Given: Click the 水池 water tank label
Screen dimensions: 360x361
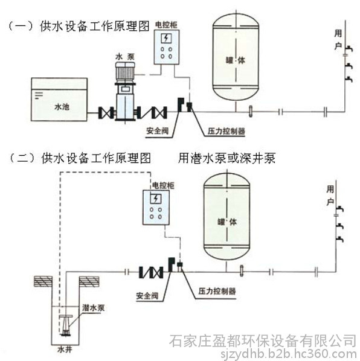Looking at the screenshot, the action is pyautogui.click(x=62, y=107).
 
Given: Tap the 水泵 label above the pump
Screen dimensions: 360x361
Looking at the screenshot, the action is pyautogui.click(x=125, y=57).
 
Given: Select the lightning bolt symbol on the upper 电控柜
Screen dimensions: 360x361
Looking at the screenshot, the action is pyautogui.click(x=166, y=38).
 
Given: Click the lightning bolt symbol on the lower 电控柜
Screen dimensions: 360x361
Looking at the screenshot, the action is pyautogui.click(x=156, y=199).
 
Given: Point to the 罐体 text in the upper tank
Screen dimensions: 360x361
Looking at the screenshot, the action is pyautogui.click(x=236, y=60).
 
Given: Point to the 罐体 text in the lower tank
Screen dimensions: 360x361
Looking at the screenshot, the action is pyautogui.click(x=227, y=222).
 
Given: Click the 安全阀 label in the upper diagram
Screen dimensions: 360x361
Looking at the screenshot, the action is pyautogui.click(x=157, y=131).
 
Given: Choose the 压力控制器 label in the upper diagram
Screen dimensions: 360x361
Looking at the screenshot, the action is pyautogui.click(x=226, y=131).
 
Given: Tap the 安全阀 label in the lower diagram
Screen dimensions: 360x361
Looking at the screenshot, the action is pyautogui.click(x=147, y=296).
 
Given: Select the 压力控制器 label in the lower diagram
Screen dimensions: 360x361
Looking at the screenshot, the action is pyautogui.click(x=217, y=291).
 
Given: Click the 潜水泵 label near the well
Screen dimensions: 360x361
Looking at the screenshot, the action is pyautogui.click(x=93, y=308).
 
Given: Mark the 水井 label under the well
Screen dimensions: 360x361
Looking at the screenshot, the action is pyautogui.click(x=65, y=350).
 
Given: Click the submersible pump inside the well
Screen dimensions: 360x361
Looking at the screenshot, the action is pyautogui.click(x=65, y=325).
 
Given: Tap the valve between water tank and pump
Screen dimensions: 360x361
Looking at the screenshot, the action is pyautogui.click(x=106, y=112).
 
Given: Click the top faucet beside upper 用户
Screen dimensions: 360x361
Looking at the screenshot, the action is pyautogui.click(x=349, y=49).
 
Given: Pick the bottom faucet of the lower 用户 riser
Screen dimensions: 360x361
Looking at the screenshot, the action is pyautogui.click(x=339, y=240).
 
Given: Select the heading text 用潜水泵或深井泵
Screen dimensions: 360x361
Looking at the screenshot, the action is pyautogui.click(x=227, y=158).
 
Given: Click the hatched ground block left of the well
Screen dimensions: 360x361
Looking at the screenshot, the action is pyautogui.click(x=43, y=281).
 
